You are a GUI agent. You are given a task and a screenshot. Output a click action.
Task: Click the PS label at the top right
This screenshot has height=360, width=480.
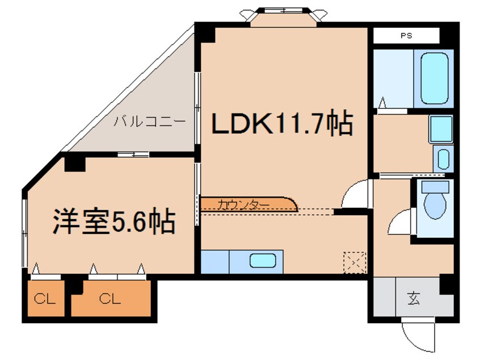coord(406,35)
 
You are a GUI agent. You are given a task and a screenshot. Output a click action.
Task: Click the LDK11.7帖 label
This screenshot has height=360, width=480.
coord(282,124)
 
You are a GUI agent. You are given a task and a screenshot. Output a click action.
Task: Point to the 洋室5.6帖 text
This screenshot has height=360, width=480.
coord(113,222)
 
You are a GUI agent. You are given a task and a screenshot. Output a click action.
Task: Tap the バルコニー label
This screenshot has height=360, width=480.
coord(149,122)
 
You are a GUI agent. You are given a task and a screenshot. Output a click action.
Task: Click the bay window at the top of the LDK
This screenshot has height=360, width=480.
coord(281,16)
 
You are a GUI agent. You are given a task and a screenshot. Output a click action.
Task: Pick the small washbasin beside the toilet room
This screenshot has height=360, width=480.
coord(443,158)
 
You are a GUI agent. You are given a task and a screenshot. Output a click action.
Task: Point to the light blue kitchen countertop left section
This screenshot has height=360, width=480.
coord(215,261)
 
